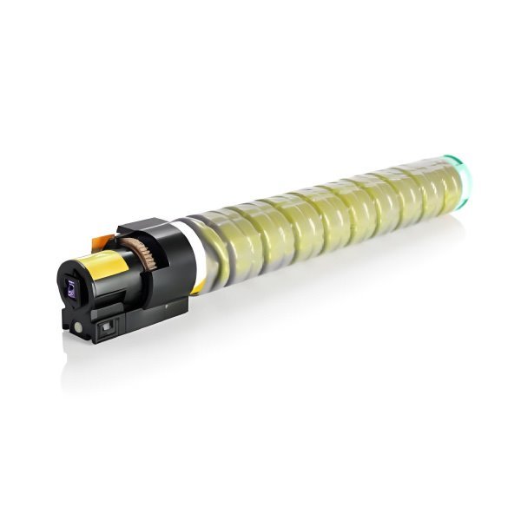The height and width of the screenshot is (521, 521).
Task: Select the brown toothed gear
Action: point(141,259)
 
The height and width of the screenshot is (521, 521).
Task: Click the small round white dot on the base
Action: point(80,326)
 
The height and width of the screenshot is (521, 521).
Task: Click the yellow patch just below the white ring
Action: point(199,284)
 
